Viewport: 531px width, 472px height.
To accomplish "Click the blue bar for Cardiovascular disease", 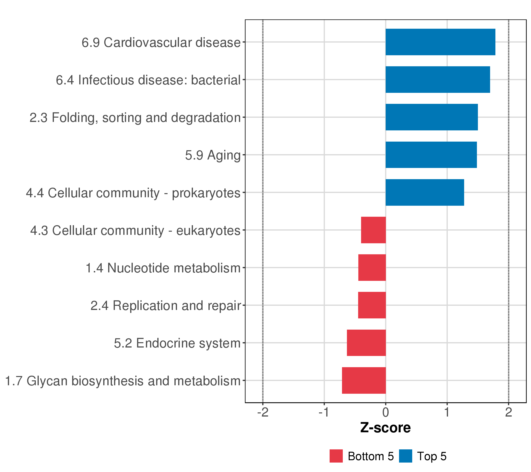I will coord(440,42).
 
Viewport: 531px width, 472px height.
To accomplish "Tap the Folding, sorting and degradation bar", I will coord(431,117).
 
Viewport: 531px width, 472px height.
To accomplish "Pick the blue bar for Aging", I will coord(431,155).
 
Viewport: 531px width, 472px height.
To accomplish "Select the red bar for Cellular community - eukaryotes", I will coord(373,230).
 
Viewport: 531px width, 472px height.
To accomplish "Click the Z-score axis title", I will coord(385,428).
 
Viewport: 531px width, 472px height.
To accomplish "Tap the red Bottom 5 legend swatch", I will coord(336,456).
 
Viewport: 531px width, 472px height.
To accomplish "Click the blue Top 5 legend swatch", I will coord(406,456).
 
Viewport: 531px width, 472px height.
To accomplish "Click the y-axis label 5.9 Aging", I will coord(213,155).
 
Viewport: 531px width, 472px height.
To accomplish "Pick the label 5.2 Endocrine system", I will coord(177,343).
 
